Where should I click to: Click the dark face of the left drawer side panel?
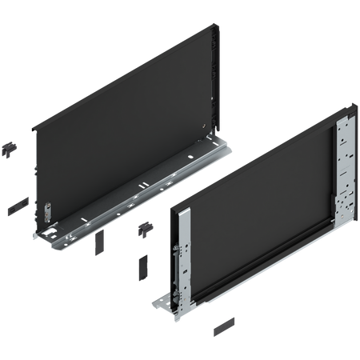click(x=120, y=136)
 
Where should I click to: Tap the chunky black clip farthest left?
click(x=10, y=147)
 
